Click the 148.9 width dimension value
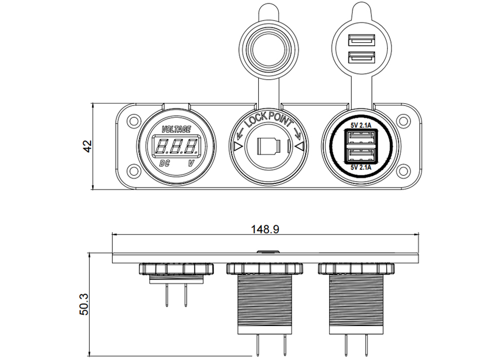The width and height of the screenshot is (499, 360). [265, 229]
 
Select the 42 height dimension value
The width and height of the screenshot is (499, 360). [88, 146]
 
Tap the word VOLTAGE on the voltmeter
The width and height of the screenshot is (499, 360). [176, 129]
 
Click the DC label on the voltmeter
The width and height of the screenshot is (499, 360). [165, 164]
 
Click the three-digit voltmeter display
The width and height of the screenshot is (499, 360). [177, 147]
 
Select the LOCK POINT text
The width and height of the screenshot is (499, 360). [268, 121]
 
